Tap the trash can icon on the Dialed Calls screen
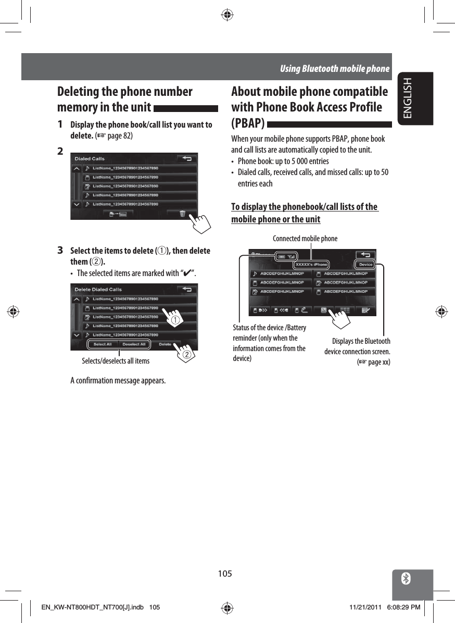point(182,214)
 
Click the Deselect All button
point(134,344)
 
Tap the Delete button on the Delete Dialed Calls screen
point(165,344)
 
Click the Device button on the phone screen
point(365,265)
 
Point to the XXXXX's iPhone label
point(311,265)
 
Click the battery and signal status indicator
point(285,256)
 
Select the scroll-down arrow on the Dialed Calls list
point(77,204)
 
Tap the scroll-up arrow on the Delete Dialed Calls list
point(77,300)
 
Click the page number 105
point(225,574)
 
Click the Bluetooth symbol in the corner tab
point(407,579)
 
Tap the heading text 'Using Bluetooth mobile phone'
point(334,69)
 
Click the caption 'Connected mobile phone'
point(305,239)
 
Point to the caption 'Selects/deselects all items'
point(116,360)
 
